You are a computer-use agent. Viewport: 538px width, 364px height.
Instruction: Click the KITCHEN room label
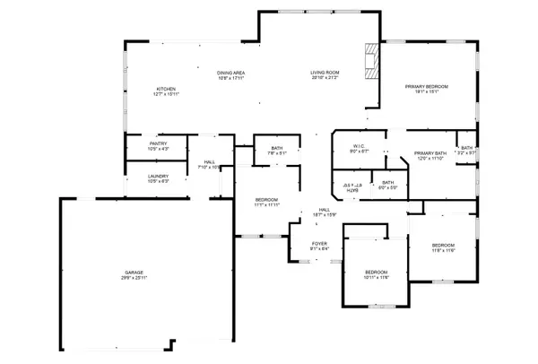pyautogui.click(x=166, y=90)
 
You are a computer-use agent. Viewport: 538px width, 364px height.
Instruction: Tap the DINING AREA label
pyautogui.click(x=231, y=73)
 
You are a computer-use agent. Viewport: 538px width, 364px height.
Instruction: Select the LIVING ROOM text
pyautogui.click(x=325, y=73)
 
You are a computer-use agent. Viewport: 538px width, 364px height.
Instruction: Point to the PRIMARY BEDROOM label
pyautogui.click(x=426, y=87)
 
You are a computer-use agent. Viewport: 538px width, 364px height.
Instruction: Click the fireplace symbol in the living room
pyautogui.click(x=370, y=61)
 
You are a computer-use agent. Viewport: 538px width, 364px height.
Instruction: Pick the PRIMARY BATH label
pyautogui.click(x=430, y=153)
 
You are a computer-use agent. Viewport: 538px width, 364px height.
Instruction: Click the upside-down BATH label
pyautogui.click(x=352, y=189)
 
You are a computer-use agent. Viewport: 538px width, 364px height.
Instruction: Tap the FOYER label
pyautogui.click(x=319, y=243)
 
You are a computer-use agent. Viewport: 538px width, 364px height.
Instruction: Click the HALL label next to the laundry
pyautogui.click(x=209, y=162)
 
